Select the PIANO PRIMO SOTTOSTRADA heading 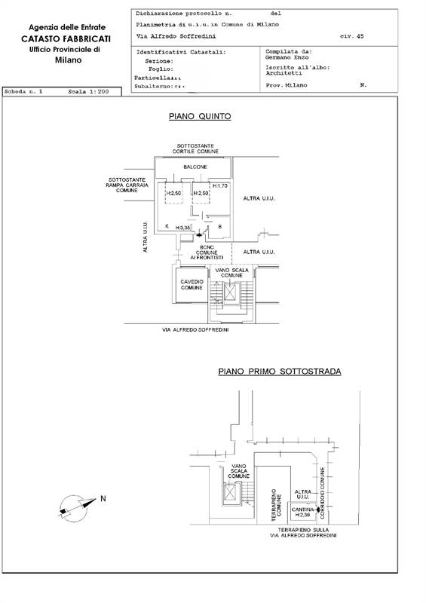pos(279,372)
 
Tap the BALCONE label pos(195,167)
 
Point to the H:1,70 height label pos(219,185)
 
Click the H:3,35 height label pos(183,227)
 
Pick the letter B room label pos(219,226)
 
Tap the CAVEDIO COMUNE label pos(191,285)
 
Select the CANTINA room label pos(302,511)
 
